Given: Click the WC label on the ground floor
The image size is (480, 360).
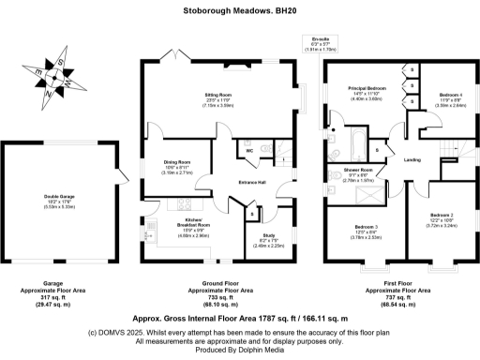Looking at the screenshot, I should (249, 150).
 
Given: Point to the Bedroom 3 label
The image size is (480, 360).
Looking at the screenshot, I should (366, 228).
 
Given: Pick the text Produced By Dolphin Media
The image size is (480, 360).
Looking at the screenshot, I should (240, 351).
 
